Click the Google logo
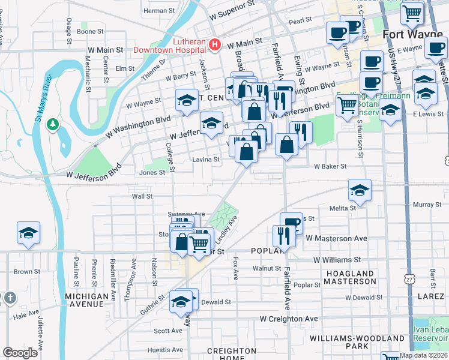click(x=20, y=352)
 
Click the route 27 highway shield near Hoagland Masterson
click(x=408, y=279)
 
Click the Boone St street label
click(x=91, y=31)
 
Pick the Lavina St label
click(x=206, y=160)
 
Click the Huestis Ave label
click(x=168, y=350)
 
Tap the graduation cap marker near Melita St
click(x=360, y=190)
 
